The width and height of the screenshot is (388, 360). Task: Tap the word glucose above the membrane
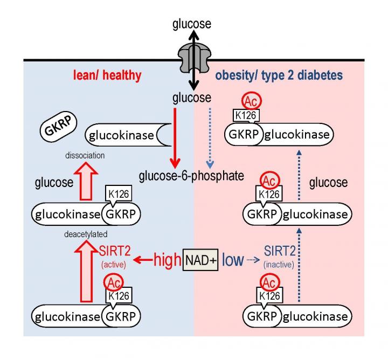[192, 24]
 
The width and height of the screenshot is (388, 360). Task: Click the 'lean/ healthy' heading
[108, 75]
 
